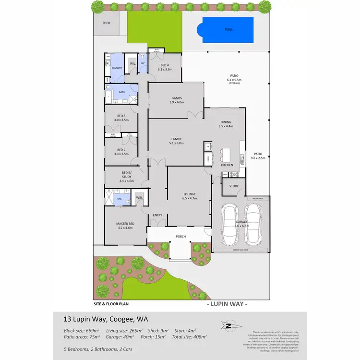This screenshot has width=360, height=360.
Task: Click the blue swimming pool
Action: point(228,29)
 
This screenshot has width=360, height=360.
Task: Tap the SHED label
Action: point(106,23)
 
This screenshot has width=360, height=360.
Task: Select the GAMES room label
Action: point(176,97)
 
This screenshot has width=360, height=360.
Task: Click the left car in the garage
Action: point(230,223)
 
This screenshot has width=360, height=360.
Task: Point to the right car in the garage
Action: point(253,223)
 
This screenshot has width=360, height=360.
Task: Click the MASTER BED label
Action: point(124,224)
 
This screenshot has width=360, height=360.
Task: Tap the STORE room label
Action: point(234,186)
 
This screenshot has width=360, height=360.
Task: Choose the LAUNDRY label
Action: point(117,68)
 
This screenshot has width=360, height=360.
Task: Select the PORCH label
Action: point(180,236)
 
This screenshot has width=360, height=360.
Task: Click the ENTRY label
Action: point(157,215)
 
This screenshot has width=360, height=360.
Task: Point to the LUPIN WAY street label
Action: point(227,304)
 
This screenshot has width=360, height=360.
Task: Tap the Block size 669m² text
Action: point(82,331)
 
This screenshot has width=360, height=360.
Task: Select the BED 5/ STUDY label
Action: point(127,175)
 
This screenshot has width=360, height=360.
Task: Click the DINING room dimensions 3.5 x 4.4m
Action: point(226,126)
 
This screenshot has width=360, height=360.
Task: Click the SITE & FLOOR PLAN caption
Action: point(111,303)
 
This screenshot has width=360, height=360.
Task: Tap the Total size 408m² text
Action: point(190,337)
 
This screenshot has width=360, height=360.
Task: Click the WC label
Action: point(143,64)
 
